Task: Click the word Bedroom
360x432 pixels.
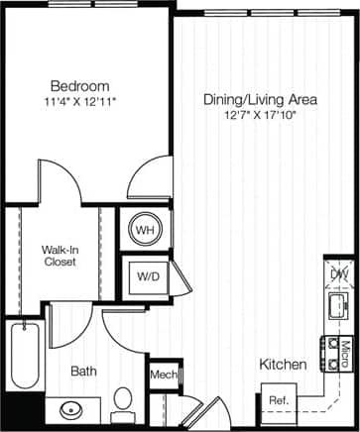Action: pos(79,86)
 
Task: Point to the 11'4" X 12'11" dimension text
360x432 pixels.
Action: pos(79,100)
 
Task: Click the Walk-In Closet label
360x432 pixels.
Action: pos(60,257)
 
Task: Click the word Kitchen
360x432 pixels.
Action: pos(283,365)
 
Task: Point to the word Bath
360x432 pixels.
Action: pos(83,372)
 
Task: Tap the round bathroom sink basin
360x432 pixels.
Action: pos(71,409)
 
